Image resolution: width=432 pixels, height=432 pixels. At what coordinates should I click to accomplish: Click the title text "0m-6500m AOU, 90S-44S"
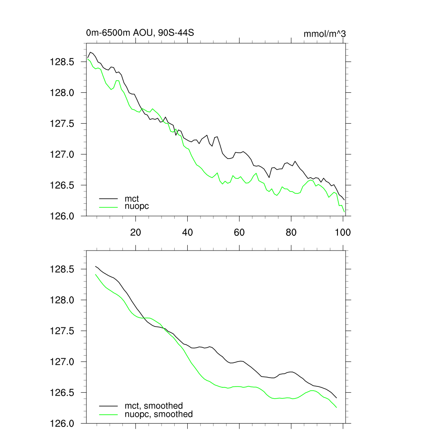point(140,33)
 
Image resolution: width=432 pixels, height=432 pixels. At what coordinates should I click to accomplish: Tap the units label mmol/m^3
point(324,34)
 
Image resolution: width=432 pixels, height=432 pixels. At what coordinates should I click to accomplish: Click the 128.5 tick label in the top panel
point(62,62)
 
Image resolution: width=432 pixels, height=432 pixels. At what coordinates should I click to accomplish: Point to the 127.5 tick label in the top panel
point(62,124)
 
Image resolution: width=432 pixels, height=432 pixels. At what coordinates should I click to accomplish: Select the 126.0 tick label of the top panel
point(62,216)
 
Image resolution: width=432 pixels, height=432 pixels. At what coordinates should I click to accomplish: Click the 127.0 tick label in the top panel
point(62,154)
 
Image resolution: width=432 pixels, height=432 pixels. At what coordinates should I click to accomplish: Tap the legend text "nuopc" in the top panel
point(137,206)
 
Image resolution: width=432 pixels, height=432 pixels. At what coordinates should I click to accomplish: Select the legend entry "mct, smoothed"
point(154,406)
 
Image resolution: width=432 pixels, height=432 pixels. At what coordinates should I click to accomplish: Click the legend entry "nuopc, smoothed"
point(158,414)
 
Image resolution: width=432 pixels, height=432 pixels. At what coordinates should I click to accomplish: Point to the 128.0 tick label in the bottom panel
point(62,300)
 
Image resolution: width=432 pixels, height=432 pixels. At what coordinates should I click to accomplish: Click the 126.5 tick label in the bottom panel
point(62,393)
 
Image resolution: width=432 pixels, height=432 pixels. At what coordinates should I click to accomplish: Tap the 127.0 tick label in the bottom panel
point(62,362)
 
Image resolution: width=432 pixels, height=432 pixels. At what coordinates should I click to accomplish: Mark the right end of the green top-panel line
point(344,212)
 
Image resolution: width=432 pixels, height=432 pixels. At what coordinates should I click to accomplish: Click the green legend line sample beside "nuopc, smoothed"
point(108,414)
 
